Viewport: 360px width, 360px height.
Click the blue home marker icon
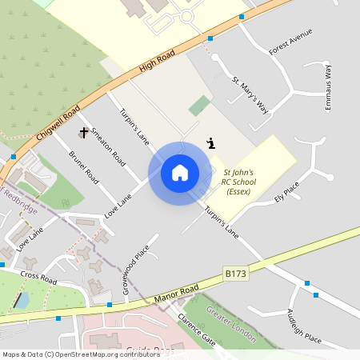pyautogui.click(x=180, y=173)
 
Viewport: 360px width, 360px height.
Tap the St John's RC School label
pyautogui.click(x=238, y=182)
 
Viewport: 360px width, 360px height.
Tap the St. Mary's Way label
pyautogui.click(x=250, y=94)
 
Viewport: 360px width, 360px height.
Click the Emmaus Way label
pyautogui.click(x=327, y=86)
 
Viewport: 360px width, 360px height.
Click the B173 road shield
pyautogui.click(x=235, y=274)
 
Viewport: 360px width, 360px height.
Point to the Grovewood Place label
pyautogui.click(x=138, y=270)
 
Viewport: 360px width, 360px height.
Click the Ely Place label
pyautogui.click(x=286, y=191)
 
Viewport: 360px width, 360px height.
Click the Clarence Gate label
pyautogui.click(x=197, y=329)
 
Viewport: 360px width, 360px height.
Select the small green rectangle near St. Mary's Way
pyautogui.click(x=200, y=105)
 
